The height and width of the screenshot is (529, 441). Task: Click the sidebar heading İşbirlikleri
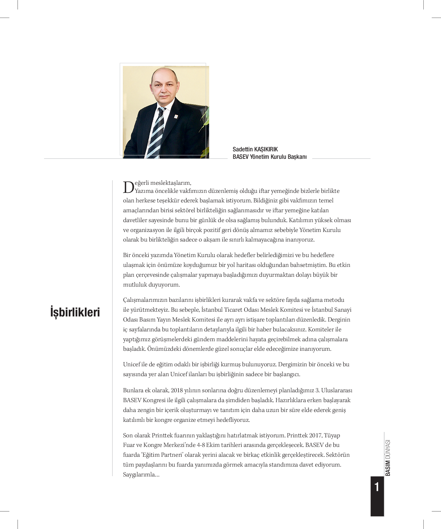pyautogui.click(x=75, y=312)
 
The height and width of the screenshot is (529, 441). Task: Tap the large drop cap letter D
pyautogui.click(x=128, y=187)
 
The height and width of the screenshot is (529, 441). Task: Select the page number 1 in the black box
pyautogui.click(x=377, y=487)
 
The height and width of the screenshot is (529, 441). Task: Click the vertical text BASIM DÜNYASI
pyautogui.click(x=388, y=458)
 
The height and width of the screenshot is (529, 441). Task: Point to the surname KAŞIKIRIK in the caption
pyautogui.click(x=266, y=149)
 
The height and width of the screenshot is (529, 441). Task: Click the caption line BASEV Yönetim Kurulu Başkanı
pyautogui.click(x=269, y=157)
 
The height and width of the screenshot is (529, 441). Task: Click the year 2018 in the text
pyautogui.click(x=177, y=390)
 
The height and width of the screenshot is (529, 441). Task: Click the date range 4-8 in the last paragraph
pyautogui.click(x=200, y=445)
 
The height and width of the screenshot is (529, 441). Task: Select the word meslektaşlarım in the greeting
pyautogui.click(x=170, y=183)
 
